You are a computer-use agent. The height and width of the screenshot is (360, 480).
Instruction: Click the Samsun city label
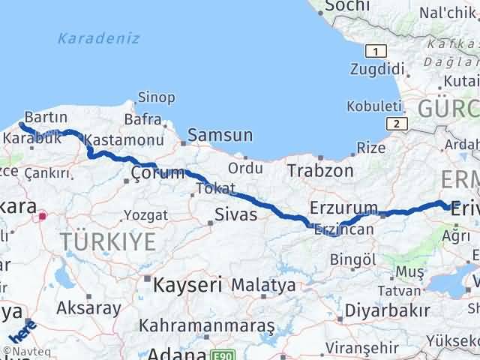(x=220, y=136)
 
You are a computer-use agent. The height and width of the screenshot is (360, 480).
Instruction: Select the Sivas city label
(x=236, y=215)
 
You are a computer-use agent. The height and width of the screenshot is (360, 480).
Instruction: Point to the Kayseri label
(x=187, y=285)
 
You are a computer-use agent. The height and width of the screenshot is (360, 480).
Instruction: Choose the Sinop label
(x=156, y=98)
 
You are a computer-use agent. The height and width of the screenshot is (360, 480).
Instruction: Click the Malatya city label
(x=263, y=285)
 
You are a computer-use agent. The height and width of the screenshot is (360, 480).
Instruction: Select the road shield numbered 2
(x=394, y=123)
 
